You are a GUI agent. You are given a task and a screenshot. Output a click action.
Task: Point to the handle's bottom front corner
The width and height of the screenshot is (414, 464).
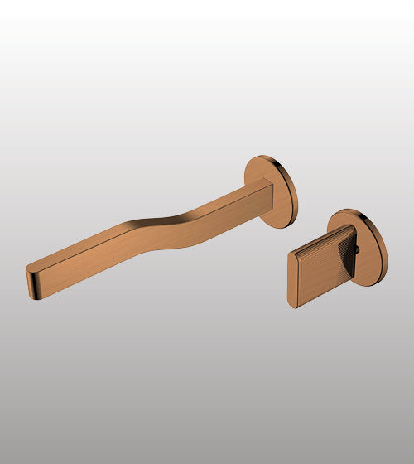[x=296, y=307]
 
